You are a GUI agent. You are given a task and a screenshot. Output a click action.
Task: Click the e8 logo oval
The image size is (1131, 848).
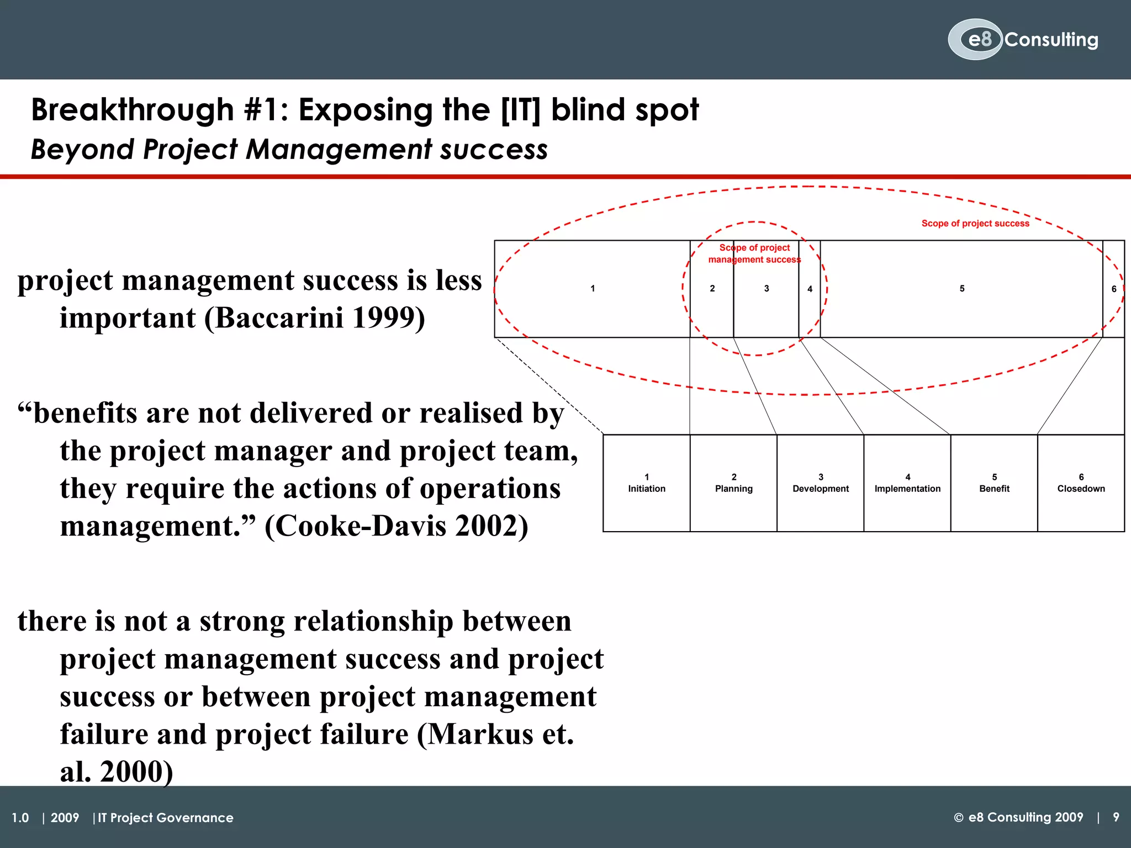point(975,39)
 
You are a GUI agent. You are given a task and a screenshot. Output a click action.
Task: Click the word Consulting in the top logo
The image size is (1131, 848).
point(1051,40)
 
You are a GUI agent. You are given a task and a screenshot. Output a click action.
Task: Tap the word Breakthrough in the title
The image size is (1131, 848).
point(133,110)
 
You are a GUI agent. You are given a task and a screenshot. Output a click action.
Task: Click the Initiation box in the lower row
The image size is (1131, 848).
point(647,483)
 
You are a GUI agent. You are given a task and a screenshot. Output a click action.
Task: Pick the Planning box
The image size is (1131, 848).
point(733,483)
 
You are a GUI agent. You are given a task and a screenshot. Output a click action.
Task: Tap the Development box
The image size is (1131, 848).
point(821,483)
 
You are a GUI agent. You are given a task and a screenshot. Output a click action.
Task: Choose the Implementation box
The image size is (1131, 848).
point(907,483)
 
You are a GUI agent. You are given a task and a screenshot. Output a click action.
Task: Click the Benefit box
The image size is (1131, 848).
point(994,483)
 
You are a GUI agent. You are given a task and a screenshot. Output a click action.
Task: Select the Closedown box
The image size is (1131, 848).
point(1081,483)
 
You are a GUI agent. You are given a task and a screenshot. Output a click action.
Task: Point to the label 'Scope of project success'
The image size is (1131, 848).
point(975,224)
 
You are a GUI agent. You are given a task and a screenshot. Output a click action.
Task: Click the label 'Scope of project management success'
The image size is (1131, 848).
point(754,253)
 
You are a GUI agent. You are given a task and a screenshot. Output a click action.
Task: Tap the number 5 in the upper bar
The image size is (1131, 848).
point(962,289)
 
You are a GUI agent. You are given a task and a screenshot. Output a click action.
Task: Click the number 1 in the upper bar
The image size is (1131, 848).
point(593,289)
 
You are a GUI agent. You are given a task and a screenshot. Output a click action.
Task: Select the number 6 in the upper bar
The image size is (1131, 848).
point(1114,289)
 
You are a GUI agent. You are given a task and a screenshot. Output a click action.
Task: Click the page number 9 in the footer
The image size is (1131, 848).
point(1116,817)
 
